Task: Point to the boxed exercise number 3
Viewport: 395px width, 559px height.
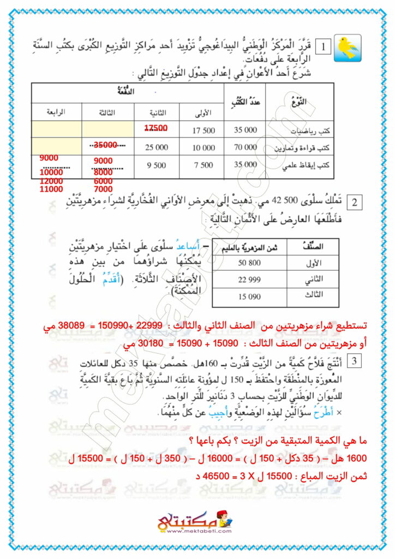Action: (x=354, y=360)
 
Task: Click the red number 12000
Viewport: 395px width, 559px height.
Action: (x=51, y=181)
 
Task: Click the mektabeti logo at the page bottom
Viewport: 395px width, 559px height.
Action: (x=198, y=525)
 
